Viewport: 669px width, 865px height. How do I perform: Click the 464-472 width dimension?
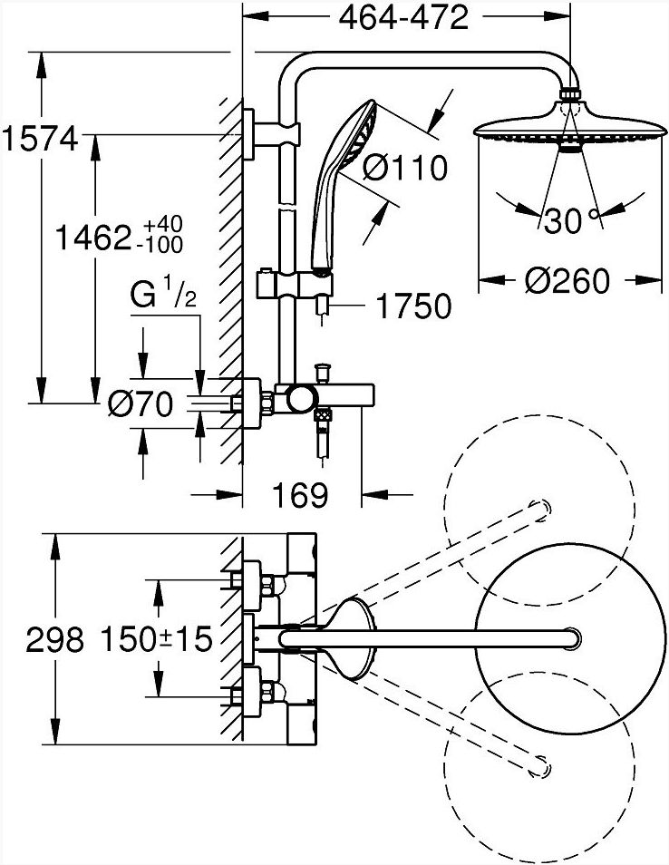coord(403,17)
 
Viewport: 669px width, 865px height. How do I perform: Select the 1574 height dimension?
coord(40,139)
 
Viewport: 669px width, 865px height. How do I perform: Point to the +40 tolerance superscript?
coord(162,225)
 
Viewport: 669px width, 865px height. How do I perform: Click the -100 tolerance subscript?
coord(162,245)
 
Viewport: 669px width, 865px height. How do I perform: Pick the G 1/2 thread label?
coord(163,296)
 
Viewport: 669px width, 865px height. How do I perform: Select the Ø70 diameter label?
coord(141,404)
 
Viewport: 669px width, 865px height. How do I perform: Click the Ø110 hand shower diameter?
coord(405,168)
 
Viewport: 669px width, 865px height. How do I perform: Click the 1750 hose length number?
coord(413,306)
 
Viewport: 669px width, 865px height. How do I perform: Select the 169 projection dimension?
coord(301,495)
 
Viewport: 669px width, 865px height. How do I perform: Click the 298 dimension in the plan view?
coord(54,640)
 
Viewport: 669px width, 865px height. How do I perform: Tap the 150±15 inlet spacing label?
coord(156,640)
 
